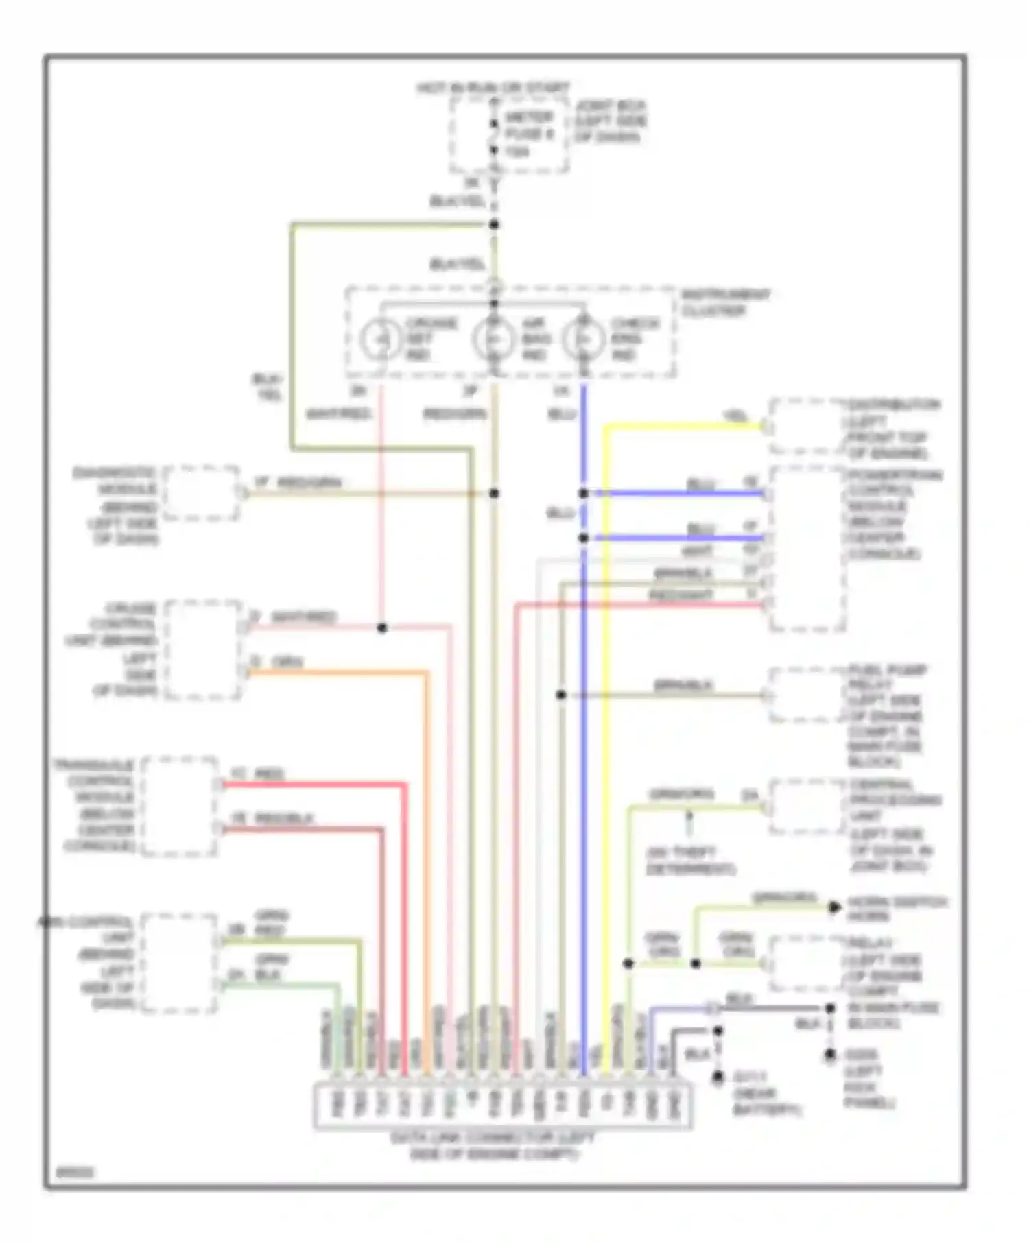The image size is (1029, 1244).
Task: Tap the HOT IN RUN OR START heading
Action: click(x=493, y=88)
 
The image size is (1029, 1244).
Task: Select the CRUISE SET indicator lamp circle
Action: click(x=381, y=339)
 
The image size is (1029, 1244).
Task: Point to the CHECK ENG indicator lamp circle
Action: click(x=583, y=339)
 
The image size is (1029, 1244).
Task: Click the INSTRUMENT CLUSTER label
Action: click(x=724, y=303)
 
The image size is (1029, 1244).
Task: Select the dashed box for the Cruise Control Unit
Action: click(x=203, y=649)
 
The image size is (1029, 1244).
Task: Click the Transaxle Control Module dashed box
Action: click(x=180, y=806)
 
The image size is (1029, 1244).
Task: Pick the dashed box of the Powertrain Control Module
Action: click(x=806, y=549)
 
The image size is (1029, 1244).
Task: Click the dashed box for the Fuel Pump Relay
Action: click(x=806, y=695)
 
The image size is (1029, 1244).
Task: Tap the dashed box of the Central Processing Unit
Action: click(x=806, y=807)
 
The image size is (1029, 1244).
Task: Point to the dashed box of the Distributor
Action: click(x=806, y=427)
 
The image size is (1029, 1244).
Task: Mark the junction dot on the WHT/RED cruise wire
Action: click(x=382, y=627)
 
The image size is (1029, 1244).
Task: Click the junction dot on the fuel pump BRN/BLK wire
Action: click(x=561, y=695)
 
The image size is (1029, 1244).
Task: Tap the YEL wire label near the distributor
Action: click(x=735, y=416)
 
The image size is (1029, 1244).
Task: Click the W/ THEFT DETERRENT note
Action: click(x=690, y=861)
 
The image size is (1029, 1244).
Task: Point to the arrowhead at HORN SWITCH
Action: click(x=833, y=907)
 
